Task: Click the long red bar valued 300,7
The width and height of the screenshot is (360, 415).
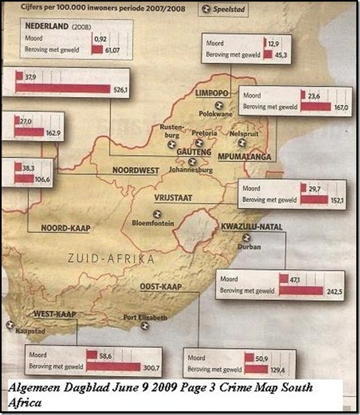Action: (113, 367)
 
